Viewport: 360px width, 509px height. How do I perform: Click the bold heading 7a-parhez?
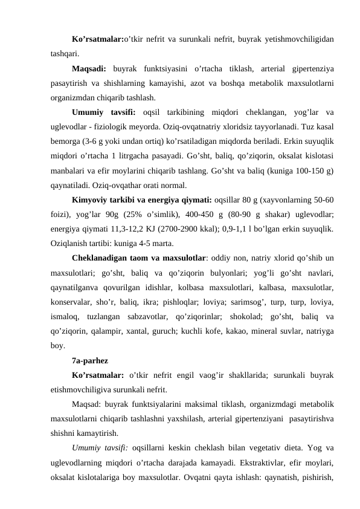[90, 361]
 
